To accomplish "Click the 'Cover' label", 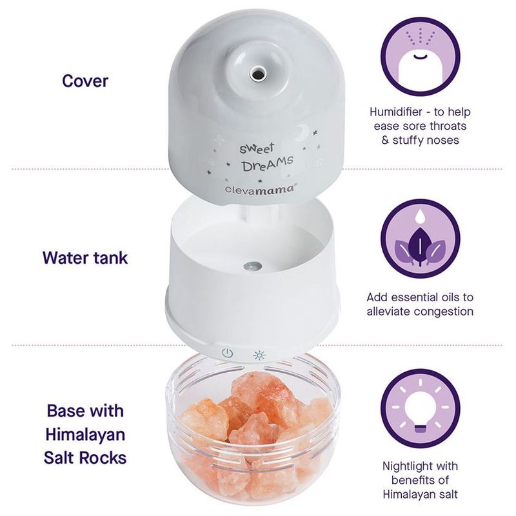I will point(85,81).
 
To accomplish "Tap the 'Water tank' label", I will point(85,258).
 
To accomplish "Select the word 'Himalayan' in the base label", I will point(85,435).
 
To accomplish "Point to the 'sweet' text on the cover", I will point(257,147).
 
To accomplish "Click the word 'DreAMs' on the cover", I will point(268,164).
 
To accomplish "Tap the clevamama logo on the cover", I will point(253,188).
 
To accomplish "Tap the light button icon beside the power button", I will point(259,354).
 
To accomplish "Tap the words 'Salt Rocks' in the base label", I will point(85,459).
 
